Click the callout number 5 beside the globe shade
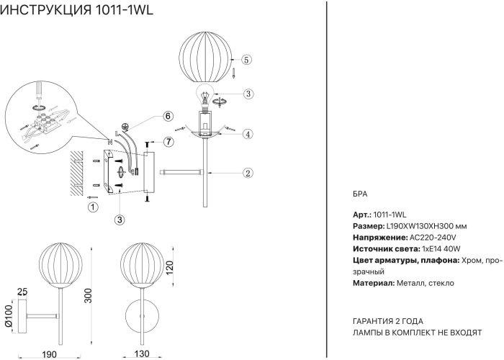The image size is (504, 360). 246,60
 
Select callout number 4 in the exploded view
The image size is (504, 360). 247,134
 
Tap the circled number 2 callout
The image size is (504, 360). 247,173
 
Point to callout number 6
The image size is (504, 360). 167,117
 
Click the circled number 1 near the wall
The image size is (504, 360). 92,207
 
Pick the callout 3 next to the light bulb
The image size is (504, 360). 248,94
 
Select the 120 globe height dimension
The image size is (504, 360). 171,269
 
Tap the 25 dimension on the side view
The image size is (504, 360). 22,292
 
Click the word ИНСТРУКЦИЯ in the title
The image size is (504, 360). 45,11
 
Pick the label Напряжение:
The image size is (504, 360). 379,238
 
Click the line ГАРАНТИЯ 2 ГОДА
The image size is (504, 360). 388,321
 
